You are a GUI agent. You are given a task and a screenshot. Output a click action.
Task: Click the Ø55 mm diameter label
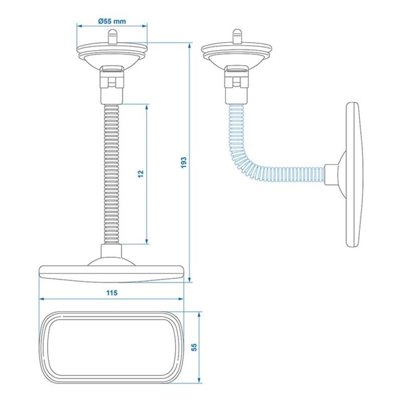[x=112, y=20]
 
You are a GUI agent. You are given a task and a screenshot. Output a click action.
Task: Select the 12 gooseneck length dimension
[x=142, y=174]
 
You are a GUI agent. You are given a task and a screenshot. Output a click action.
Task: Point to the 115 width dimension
[x=112, y=291]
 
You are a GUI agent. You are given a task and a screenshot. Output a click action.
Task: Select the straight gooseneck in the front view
[x=112, y=173]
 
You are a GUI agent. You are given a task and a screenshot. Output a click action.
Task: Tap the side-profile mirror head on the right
[x=353, y=173]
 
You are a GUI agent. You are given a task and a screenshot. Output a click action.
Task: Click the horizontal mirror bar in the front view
[x=112, y=272]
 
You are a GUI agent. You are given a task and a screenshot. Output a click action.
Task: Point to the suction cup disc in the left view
[x=112, y=51]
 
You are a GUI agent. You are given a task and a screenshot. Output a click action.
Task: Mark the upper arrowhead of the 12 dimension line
[x=147, y=107]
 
